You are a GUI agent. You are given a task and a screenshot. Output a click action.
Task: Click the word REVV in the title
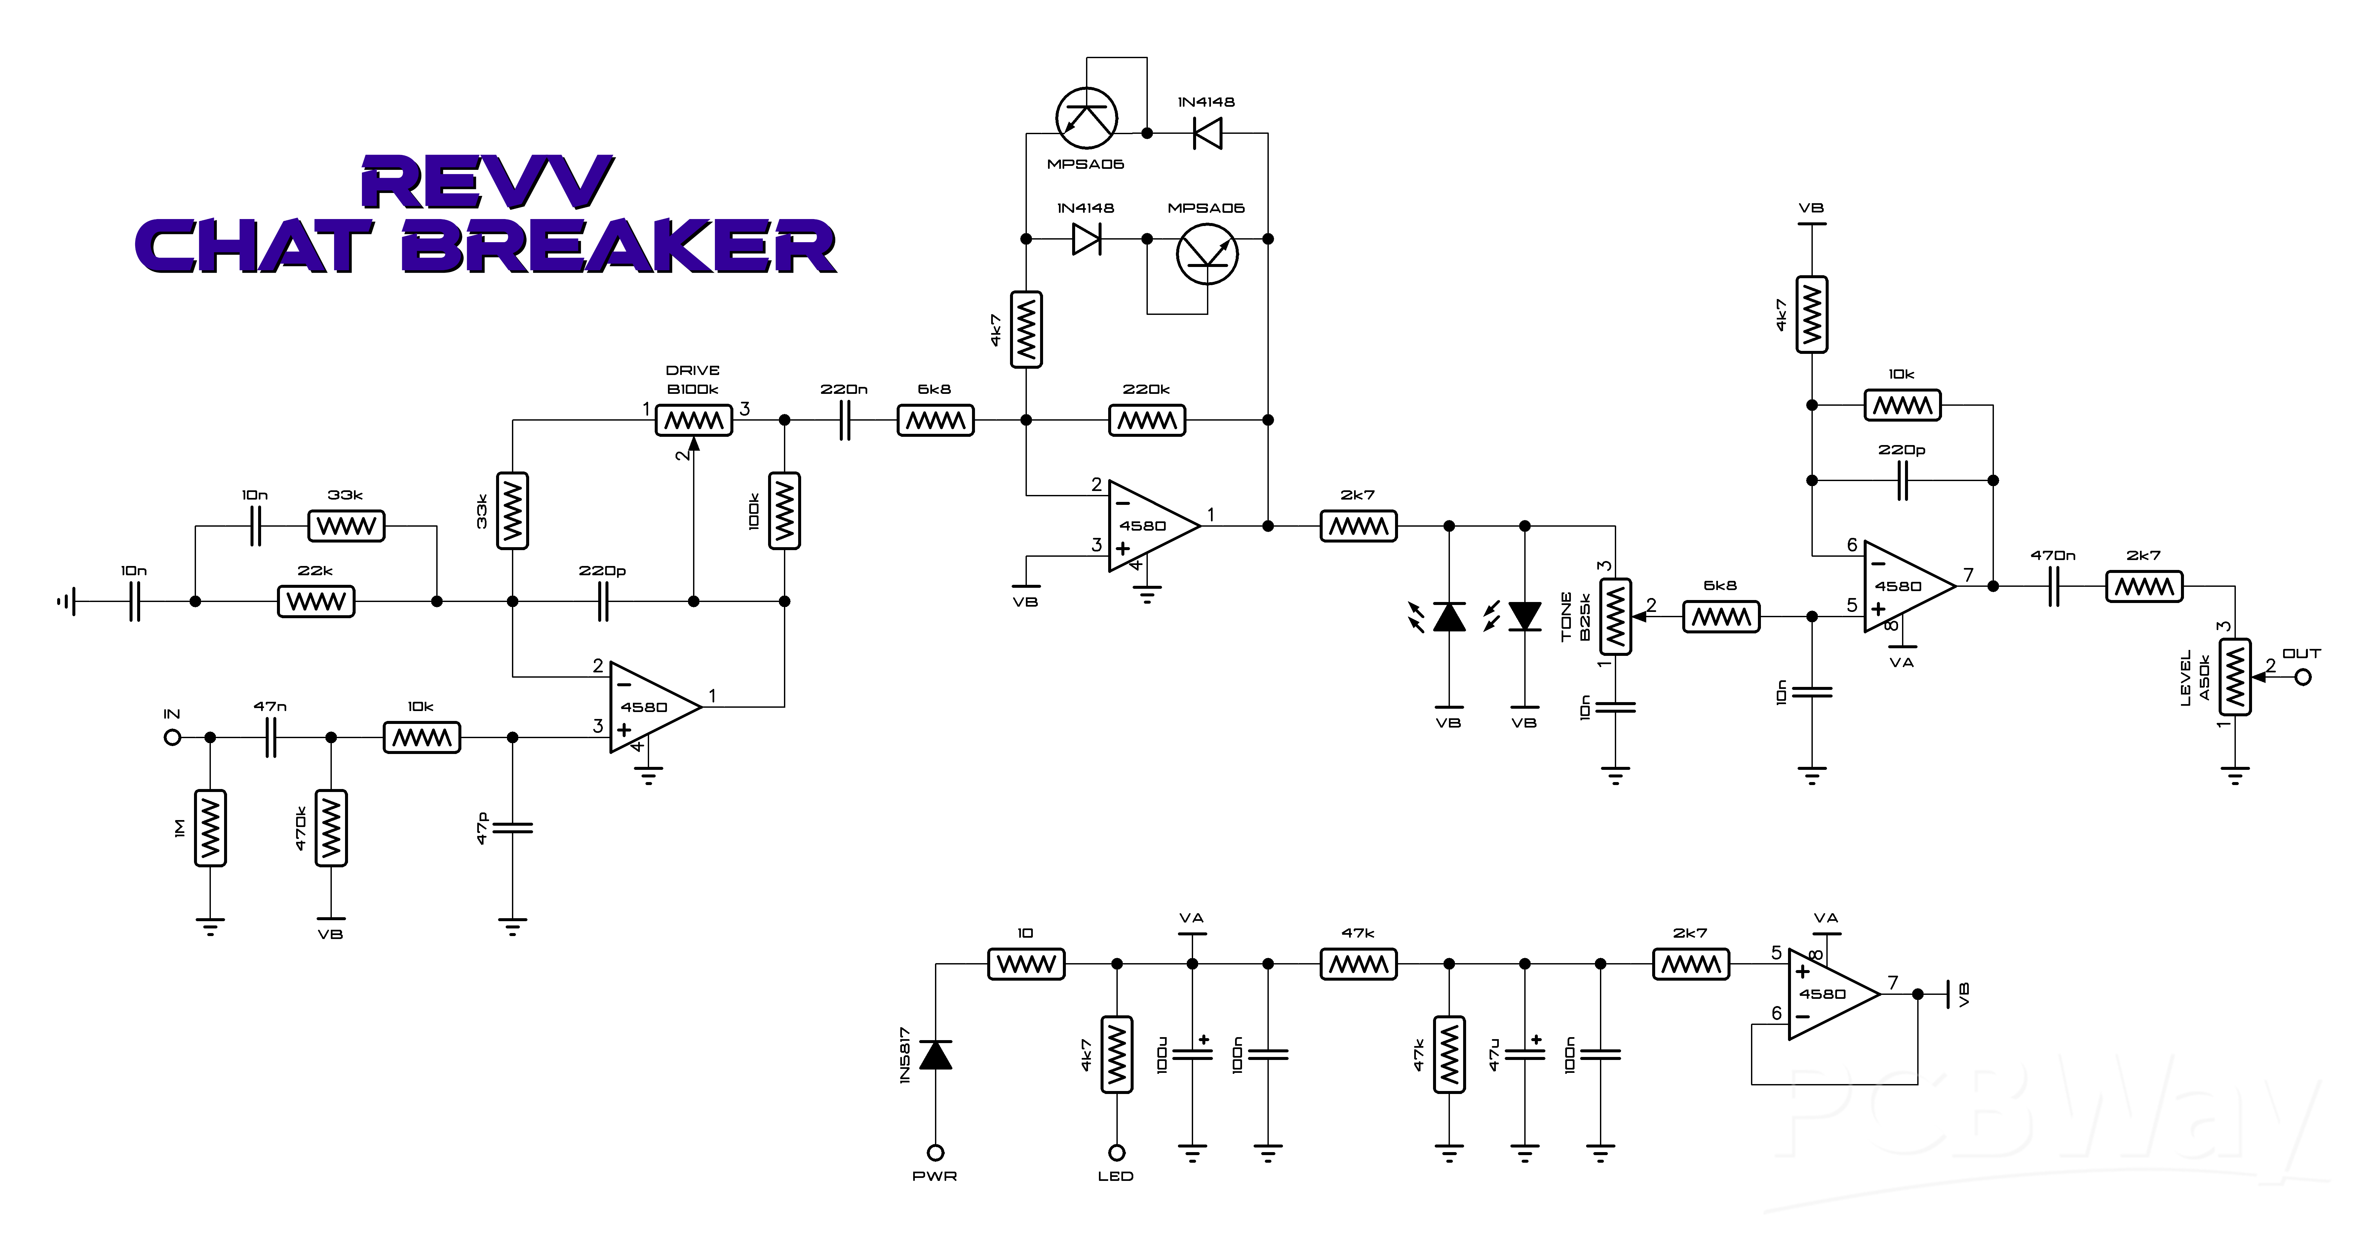pyautogui.click(x=486, y=183)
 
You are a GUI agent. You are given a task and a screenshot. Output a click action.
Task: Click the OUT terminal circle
pyautogui.click(x=2303, y=678)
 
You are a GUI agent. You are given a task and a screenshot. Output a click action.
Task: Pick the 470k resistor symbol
pyautogui.click(x=331, y=828)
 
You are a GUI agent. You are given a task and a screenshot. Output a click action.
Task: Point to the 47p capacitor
pyautogui.click(x=513, y=828)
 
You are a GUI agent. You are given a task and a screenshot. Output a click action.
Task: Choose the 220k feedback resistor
pyautogui.click(x=1147, y=421)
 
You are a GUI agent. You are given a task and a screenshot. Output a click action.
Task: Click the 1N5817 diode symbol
pyautogui.click(x=936, y=1054)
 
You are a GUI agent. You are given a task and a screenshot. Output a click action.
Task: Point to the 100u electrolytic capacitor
pyautogui.click(x=1192, y=1054)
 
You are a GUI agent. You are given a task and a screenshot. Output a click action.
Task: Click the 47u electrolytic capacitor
pyautogui.click(x=1525, y=1054)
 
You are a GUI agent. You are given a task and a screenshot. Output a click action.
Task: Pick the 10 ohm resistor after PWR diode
pyautogui.click(x=1027, y=964)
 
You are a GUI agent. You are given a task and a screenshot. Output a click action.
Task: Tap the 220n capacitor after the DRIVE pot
pyautogui.click(x=844, y=421)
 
